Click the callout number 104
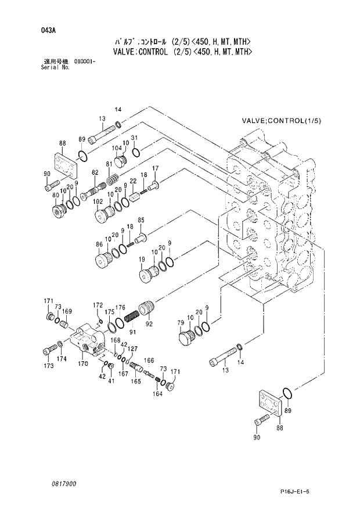[x=117, y=148]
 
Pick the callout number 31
[x=134, y=138]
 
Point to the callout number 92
[x=149, y=324]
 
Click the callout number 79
[x=180, y=322]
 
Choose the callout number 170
[x=83, y=364]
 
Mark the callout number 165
[x=135, y=382]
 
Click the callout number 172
[x=98, y=305]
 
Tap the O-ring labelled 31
[x=135, y=153]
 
